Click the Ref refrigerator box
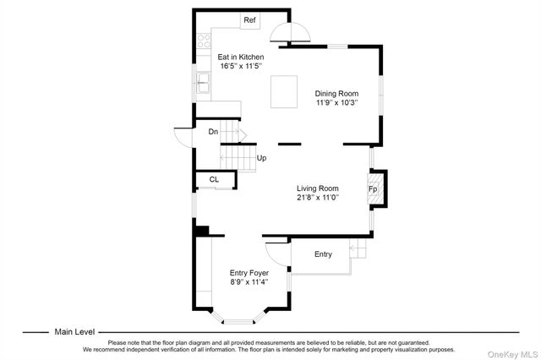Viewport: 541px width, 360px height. [x=249, y=20]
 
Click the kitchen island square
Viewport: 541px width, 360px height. [x=284, y=91]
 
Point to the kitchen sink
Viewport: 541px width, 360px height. [x=203, y=82]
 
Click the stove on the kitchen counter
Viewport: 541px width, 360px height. [x=203, y=39]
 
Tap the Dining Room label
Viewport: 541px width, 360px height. [x=336, y=93]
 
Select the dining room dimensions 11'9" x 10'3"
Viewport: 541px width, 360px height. [x=336, y=102]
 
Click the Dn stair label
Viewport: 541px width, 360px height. [x=214, y=132]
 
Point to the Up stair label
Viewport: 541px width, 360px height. [x=262, y=158]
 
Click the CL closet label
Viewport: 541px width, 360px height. [x=214, y=179]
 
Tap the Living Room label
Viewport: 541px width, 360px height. [x=317, y=188]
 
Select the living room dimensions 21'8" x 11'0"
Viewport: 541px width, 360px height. [x=317, y=198]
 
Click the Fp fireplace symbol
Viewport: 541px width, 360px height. [x=374, y=189]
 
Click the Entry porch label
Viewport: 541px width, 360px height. [x=323, y=254]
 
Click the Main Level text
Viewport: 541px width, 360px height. [x=74, y=332]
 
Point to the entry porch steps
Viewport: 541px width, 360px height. [x=359, y=251]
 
